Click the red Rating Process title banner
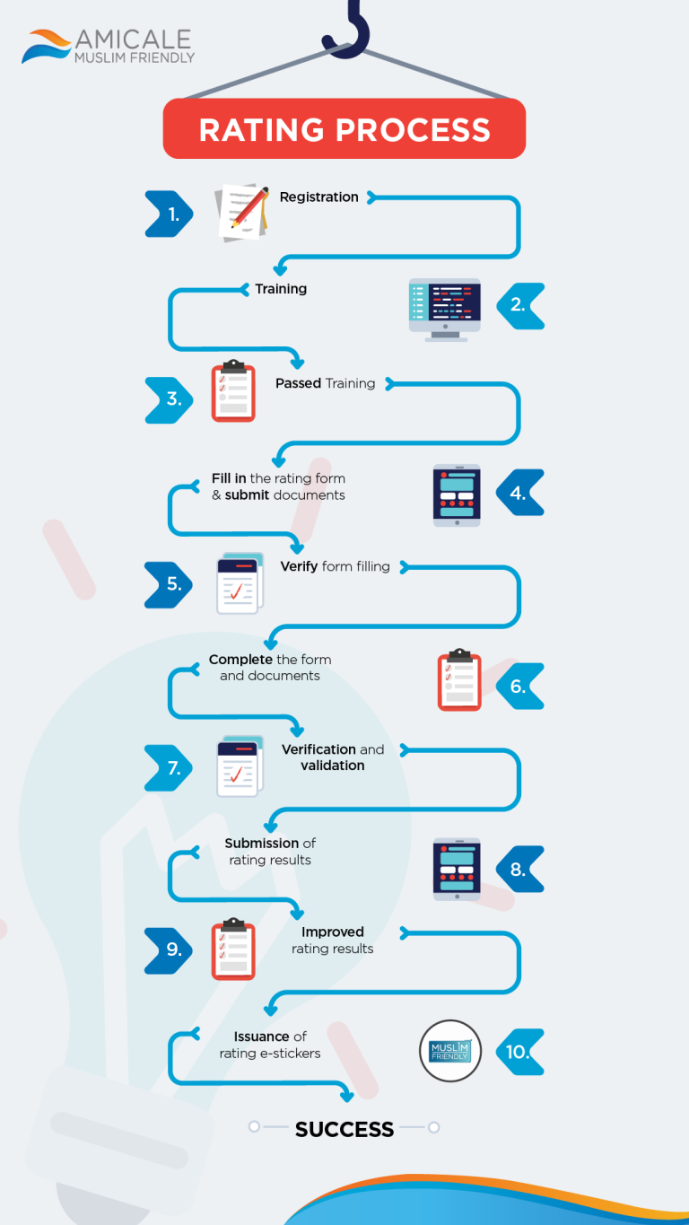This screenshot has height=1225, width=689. coord(344,129)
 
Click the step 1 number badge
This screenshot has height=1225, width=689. coord(170,214)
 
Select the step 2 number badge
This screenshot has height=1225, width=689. coord(519,305)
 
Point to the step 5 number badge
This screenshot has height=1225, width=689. coord(170,584)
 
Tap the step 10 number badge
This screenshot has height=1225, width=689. coord(519,1052)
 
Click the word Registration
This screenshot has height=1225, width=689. coord(318,197)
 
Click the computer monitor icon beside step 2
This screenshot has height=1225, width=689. coord(445,309)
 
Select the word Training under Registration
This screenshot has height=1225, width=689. coord(281,289)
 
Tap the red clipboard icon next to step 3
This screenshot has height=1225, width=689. coord(233,391)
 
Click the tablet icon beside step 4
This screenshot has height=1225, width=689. coord(457,494)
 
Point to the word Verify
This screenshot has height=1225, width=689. coord(299,566)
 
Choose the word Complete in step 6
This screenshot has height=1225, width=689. coord(240,660)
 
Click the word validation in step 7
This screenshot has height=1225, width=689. coord(332,766)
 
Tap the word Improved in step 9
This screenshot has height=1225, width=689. coord(332,932)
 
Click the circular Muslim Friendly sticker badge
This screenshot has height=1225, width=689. coord(450,1051)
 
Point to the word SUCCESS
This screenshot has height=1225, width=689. coord(344,1129)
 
